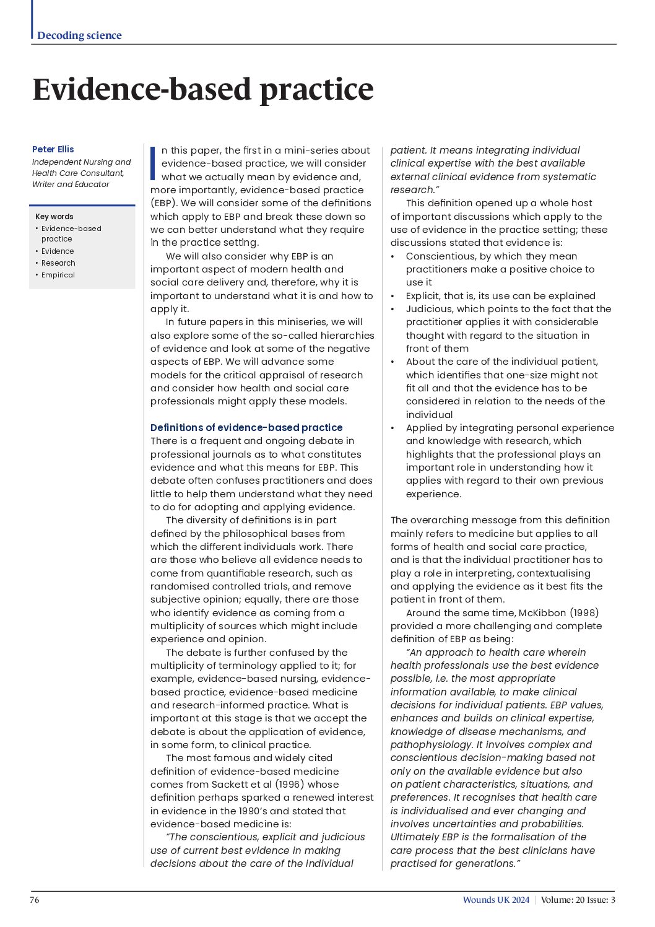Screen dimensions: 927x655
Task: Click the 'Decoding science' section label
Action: (x=79, y=35)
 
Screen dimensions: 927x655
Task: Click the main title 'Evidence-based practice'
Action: (x=203, y=89)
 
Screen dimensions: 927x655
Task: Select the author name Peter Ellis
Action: (x=53, y=149)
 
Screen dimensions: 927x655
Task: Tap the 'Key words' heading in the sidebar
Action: (x=54, y=217)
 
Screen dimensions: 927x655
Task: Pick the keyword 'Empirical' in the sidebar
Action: (x=58, y=275)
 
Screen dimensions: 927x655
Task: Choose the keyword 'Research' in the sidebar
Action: (x=58, y=263)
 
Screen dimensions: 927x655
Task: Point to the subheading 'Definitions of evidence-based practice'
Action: (x=246, y=427)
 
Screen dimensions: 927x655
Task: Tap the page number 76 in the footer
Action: (x=35, y=900)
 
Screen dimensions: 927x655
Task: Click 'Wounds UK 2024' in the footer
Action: (x=496, y=900)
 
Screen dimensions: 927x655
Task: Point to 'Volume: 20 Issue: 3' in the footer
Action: (x=578, y=900)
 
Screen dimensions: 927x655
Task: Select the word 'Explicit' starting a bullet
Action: (x=424, y=296)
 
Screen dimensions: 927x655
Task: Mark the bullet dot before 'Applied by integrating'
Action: (x=393, y=429)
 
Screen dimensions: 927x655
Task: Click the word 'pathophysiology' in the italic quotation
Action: (x=431, y=745)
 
